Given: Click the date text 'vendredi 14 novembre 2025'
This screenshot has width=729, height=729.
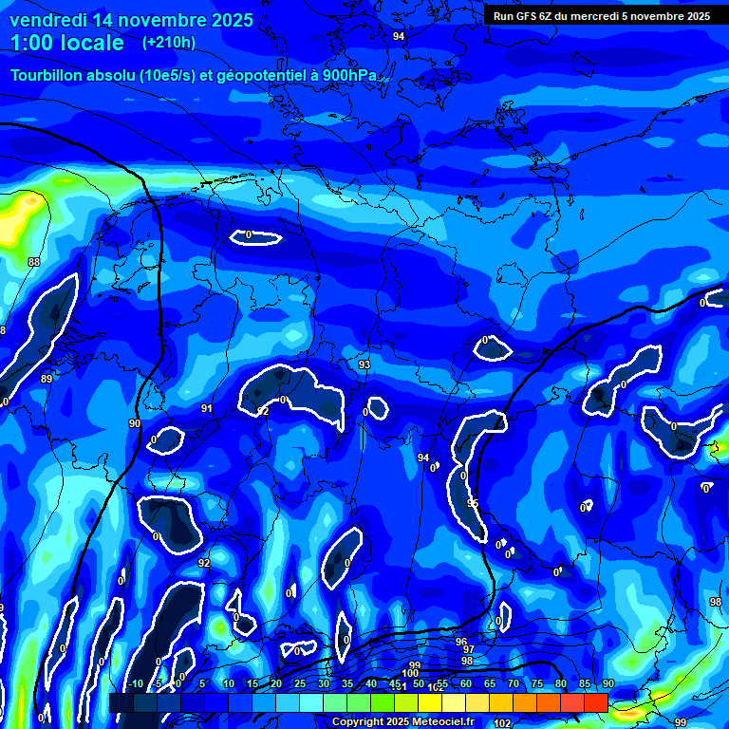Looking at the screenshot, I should (131, 20).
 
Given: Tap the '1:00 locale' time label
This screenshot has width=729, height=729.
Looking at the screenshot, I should (67, 43).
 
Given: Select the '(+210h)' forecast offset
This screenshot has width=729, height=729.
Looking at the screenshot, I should (169, 43).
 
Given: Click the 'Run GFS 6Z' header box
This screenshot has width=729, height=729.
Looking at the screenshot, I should (601, 16).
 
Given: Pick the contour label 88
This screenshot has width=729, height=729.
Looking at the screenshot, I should (34, 262).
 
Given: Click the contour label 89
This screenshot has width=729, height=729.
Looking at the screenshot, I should (47, 379).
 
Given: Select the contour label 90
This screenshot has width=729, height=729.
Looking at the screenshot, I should (135, 423).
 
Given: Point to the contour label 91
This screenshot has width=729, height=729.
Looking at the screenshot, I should (207, 408).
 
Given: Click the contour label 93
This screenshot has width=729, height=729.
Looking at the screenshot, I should (364, 364).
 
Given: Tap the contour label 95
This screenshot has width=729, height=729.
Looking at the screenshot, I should (473, 503).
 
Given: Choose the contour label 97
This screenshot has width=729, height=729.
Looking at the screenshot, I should (468, 649).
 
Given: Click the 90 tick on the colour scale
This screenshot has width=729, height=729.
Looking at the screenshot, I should (607, 684).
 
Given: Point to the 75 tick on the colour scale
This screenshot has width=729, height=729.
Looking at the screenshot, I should (536, 684).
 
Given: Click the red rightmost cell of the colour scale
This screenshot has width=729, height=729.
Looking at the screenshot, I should (595, 702).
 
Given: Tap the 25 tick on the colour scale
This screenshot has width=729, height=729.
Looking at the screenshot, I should (300, 684).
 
